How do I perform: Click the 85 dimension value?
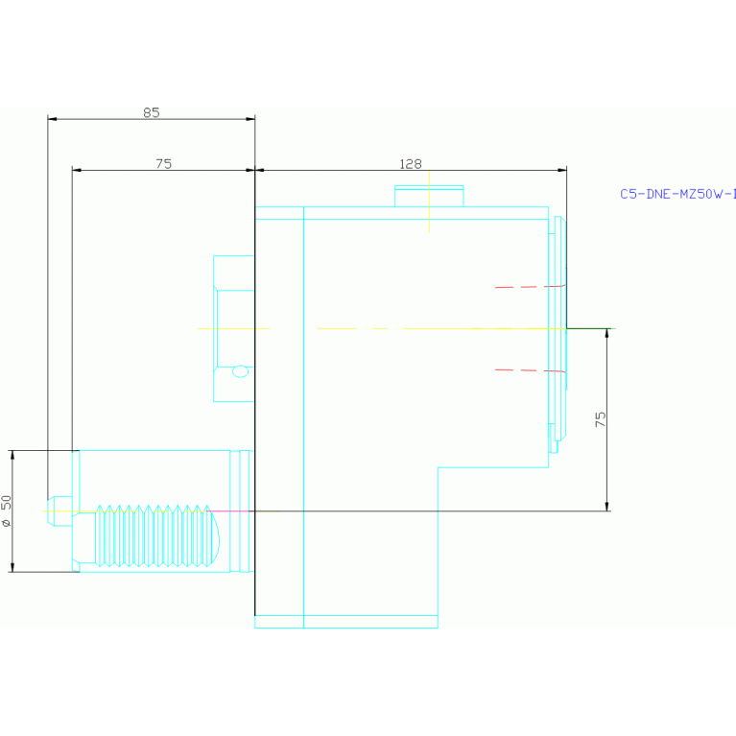(x=151, y=112)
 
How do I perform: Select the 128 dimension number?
(x=411, y=164)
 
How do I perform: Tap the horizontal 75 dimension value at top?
(x=163, y=164)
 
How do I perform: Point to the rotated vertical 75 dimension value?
(x=600, y=419)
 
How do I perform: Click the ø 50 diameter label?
(x=7, y=510)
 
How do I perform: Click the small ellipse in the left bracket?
(x=240, y=371)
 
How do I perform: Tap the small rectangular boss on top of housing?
(x=429, y=196)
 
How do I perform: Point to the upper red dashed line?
(x=528, y=287)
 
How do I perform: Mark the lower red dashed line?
(x=528, y=369)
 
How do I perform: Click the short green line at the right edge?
(x=590, y=328)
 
